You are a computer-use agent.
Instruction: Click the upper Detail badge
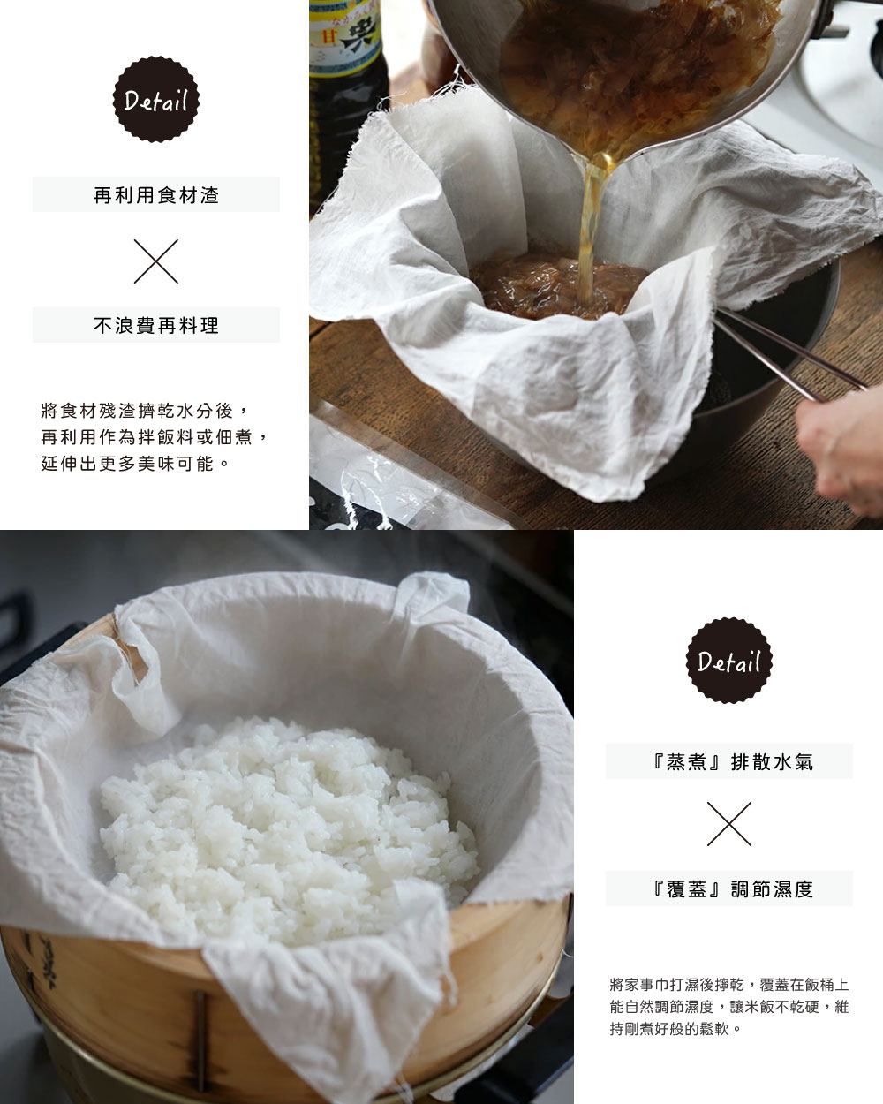point(155,101)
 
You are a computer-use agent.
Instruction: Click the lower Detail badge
point(728,661)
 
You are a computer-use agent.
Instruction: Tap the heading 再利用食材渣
point(156,195)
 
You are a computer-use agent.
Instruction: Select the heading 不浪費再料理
point(156,325)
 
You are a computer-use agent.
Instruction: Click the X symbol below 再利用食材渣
point(156,261)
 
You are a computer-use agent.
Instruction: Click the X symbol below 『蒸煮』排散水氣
point(728,824)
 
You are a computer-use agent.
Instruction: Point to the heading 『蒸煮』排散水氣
point(728,761)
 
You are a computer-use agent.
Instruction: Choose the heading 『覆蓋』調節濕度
point(728,888)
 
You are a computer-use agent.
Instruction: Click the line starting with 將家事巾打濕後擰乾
point(728,983)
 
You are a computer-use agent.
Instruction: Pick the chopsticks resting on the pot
point(786,353)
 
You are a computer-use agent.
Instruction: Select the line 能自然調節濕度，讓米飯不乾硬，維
point(728,1006)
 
